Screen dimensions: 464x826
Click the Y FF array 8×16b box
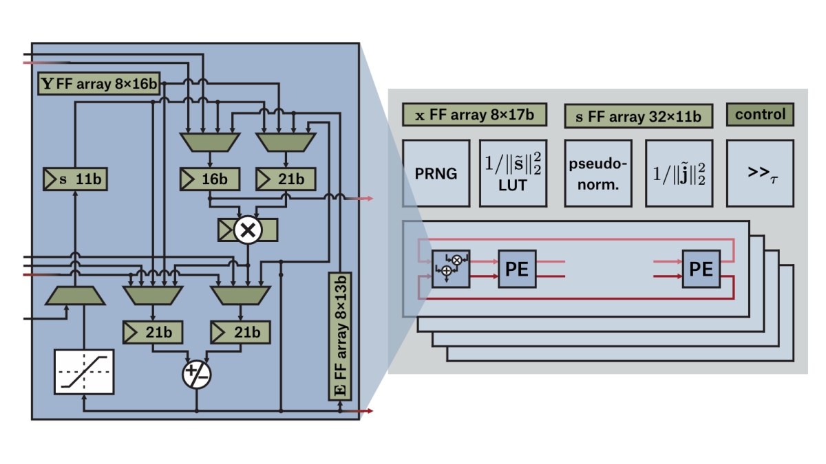(100, 85)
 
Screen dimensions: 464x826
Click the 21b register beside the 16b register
(286, 179)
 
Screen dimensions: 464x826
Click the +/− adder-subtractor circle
(196, 375)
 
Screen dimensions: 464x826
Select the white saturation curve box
(84, 371)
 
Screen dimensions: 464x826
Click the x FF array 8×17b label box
(474, 115)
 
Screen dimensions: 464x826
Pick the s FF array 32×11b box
(638, 116)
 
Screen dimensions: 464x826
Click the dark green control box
(760, 114)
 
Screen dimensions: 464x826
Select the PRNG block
(436, 173)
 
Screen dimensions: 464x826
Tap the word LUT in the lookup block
(513, 186)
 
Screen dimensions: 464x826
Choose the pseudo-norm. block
(597, 173)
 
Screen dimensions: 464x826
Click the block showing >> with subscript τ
(760, 173)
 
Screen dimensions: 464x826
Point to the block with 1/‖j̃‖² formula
(679, 173)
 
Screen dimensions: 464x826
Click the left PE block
(517, 269)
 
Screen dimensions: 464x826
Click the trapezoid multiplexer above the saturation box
(75, 296)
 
